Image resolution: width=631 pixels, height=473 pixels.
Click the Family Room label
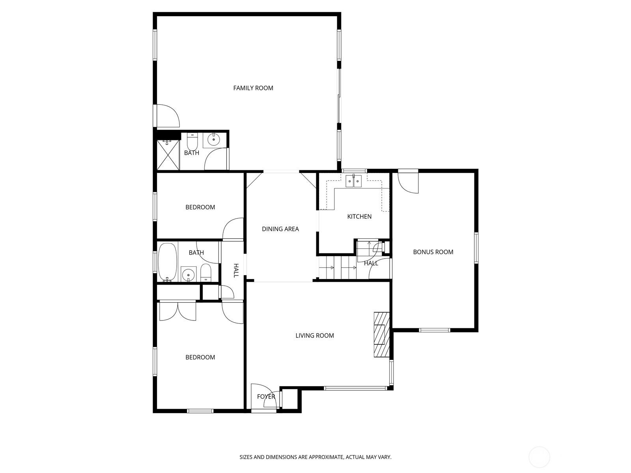(x=253, y=88)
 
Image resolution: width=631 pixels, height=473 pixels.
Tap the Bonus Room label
(x=433, y=252)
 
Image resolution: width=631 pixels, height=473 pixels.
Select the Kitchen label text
(x=359, y=216)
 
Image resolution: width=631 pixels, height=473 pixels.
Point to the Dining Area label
(x=280, y=229)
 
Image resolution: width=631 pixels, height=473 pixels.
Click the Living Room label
(x=315, y=335)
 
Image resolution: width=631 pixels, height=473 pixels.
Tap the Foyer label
(x=266, y=397)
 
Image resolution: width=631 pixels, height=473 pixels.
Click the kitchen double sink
(x=353, y=181)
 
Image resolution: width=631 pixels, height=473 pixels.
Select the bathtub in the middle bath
(x=167, y=262)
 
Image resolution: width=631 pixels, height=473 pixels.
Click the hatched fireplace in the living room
(x=381, y=335)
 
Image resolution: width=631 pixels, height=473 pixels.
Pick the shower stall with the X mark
(x=168, y=155)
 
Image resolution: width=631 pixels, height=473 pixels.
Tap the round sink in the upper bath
(x=214, y=139)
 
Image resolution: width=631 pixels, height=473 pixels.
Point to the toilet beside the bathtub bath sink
(x=206, y=273)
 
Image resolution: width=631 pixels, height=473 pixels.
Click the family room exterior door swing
(x=168, y=115)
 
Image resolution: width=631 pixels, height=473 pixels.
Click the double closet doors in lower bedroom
(x=177, y=311)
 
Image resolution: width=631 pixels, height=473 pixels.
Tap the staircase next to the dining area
(x=337, y=268)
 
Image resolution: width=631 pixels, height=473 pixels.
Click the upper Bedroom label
(x=200, y=207)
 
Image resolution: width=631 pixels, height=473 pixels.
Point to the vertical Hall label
(x=236, y=270)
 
